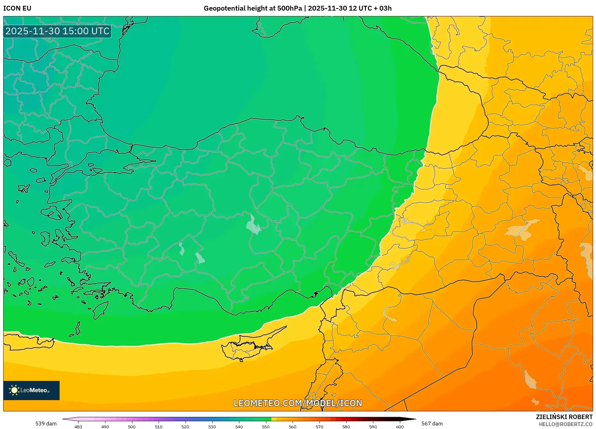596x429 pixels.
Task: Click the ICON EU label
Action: (x=17, y=8)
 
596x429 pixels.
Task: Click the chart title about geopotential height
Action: (x=297, y=8)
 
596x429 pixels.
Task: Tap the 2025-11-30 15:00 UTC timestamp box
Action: (x=57, y=31)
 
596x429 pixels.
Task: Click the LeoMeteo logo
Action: (x=31, y=390)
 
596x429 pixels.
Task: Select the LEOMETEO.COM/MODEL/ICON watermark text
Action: (x=298, y=403)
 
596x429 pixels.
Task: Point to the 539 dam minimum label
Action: (x=46, y=424)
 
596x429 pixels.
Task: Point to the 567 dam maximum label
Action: (x=432, y=424)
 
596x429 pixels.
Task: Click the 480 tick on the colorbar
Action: (x=78, y=427)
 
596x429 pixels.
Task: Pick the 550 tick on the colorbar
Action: (x=266, y=427)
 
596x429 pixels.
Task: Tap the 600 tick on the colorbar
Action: (x=400, y=427)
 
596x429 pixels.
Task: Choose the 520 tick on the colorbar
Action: (x=185, y=427)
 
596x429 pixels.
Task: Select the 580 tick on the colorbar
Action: (x=346, y=427)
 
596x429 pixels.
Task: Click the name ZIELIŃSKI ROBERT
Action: (x=564, y=417)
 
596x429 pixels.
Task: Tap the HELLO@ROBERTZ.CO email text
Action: (x=566, y=424)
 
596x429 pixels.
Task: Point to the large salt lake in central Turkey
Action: (x=253, y=224)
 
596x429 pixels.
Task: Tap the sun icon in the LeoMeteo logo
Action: (x=14, y=390)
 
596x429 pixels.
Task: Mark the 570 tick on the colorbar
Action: (x=319, y=427)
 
